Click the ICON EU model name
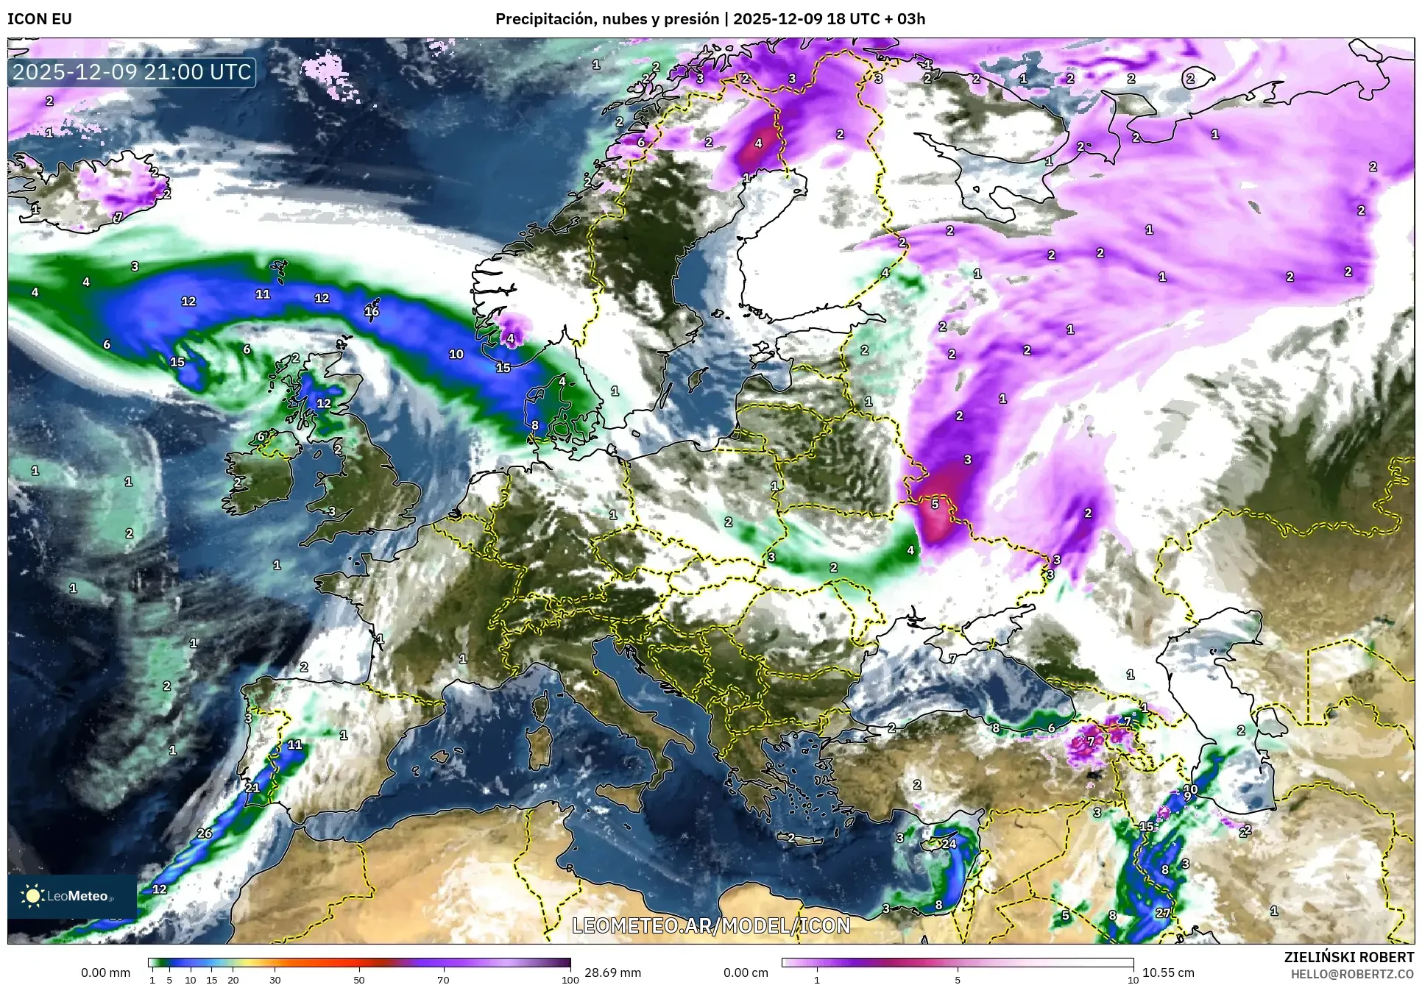pyautogui.click(x=40, y=19)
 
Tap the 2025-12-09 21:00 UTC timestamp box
pyautogui.click(x=132, y=72)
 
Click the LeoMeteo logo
pyautogui.click(x=71, y=896)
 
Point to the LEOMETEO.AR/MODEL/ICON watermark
pyautogui.click(x=711, y=925)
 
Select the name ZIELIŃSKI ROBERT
pyautogui.click(x=1348, y=957)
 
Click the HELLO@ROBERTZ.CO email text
pyautogui.click(x=1352, y=974)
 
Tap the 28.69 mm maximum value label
pyautogui.click(x=612, y=972)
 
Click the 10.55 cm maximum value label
pyautogui.click(x=1168, y=972)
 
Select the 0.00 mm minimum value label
pyautogui.click(x=105, y=972)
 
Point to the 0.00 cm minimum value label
pyautogui.click(x=746, y=972)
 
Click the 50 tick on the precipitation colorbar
pyautogui.click(x=359, y=980)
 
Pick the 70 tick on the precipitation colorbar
pyautogui.click(x=443, y=980)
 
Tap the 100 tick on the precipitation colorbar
pyautogui.click(x=570, y=980)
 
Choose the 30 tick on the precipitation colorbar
pyautogui.click(x=275, y=980)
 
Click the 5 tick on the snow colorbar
pyautogui.click(x=958, y=980)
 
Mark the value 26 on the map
pyautogui.click(x=205, y=833)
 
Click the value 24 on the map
pyautogui.click(x=949, y=844)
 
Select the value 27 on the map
pyautogui.click(x=1163, y=913)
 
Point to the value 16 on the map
pyautogui.click(x=372, y=311)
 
